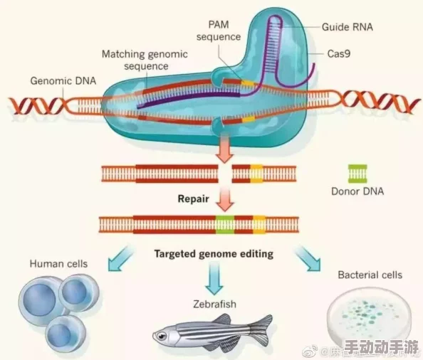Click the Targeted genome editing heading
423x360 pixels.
tap(214, 253)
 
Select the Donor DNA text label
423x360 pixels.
tap(357, 191)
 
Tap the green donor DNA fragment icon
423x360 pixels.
tap(357, 173)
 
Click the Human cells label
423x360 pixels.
tap(58, 264)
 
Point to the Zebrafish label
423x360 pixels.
tap(214, 305)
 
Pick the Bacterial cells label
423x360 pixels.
tap(370, 275)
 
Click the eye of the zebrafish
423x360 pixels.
tap(166, 332)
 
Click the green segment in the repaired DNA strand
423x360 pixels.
tap(225, 225)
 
